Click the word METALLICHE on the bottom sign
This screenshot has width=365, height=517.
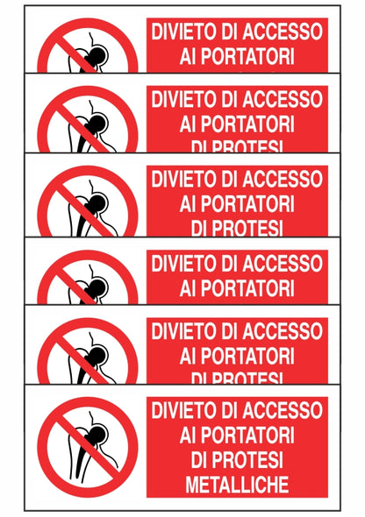point(237,482)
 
